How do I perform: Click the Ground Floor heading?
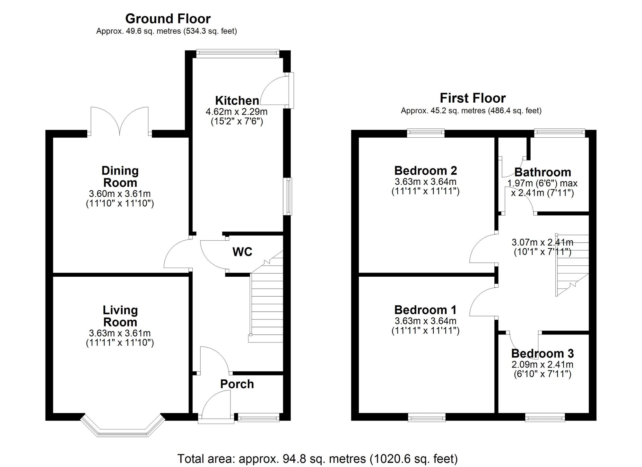tap(168, 19)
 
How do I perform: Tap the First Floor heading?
tap(473, 98)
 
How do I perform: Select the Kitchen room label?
tap(237, 100)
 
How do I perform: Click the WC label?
tap(242, 252)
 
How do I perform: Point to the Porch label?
tap(237, 384)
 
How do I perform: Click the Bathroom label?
tap(543, 172)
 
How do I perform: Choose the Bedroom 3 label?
tap(542, 353)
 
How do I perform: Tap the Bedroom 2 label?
tap(426, 170)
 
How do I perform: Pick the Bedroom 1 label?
tap(425, 310)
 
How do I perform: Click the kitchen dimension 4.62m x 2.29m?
tap(237, 112)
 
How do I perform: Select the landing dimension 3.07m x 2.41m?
tap(542, 242)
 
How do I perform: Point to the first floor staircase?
tap(572, 265)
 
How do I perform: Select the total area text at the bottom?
tap(317, 459)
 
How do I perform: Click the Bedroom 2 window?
tap(426, 133)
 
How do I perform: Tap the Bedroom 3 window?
tap(545, 417)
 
